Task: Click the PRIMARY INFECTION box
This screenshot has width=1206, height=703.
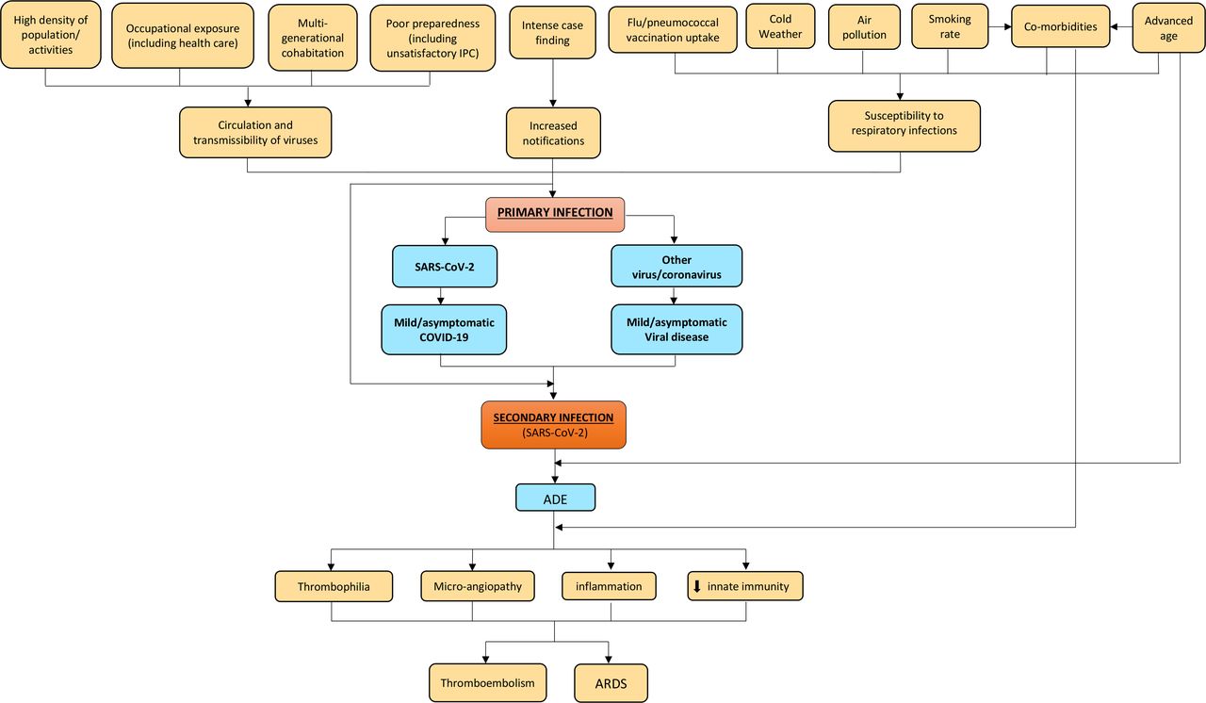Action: (x=555, y=214)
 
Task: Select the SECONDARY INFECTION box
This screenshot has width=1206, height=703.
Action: (x=553, y=425)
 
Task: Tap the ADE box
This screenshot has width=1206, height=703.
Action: (x=556, y=498)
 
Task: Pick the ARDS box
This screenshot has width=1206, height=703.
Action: (x=611, y=683)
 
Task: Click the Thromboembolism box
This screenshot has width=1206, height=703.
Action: (x=488, y=682)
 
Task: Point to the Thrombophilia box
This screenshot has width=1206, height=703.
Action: (x=334, y=586)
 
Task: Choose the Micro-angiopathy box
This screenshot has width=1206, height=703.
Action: (x=478, y=585)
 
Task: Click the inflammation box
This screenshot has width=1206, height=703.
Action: (x=609, y=585)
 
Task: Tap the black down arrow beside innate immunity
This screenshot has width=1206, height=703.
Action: (x=696, y=586)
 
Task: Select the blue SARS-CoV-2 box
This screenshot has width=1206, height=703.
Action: (x=445, y=267)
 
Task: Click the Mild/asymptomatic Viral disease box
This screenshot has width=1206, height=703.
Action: (x=676, y=330)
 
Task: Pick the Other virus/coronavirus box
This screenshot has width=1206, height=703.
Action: (x=676, y=266)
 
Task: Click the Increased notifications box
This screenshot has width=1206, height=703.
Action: (x=553, y=133)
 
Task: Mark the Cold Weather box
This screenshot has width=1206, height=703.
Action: (x=781, y=26)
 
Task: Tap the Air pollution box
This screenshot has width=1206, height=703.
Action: (x=864, y=27)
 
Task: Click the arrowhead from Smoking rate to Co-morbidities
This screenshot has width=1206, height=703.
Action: (x=1008, y=26)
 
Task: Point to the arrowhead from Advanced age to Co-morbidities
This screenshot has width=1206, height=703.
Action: (x=1114, y=26)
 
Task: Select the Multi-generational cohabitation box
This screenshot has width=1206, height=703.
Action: (x=313, y=38)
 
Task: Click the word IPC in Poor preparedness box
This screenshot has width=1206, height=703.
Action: (x=466, y=54)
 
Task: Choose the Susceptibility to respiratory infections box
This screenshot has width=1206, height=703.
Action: (x=904, y=126)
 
